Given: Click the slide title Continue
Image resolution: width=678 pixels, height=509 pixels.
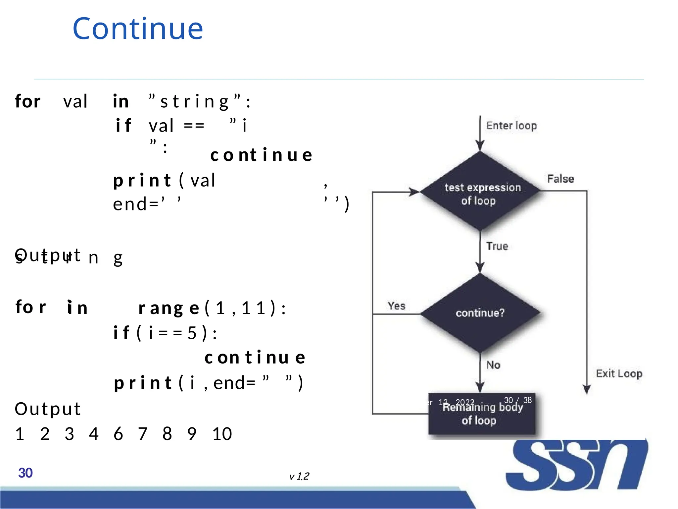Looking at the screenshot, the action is tap(138, 29).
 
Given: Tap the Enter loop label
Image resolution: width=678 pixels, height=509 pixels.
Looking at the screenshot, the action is tap(511, 126).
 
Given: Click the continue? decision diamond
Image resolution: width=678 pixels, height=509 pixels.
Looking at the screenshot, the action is tap(480, 313).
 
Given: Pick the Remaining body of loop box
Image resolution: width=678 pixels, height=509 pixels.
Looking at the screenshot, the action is tap(481, 414).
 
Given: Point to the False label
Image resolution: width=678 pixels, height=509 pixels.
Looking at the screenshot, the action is tap(560, 179).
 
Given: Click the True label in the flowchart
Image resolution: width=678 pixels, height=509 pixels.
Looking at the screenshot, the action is tap(497, 246).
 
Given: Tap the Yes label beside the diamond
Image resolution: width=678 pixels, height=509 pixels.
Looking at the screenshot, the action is tap(396, 306).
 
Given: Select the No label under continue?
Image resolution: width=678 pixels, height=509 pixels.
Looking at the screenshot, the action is tap(493, 365).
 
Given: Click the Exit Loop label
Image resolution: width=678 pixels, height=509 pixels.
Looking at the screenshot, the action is tap(619, 373).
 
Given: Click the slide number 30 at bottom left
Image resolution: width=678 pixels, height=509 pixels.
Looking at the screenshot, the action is tap(25, 473).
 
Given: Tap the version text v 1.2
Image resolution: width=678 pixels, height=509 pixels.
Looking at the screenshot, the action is tap(299, 476).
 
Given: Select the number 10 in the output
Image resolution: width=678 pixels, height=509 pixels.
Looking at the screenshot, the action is tap(222, 434).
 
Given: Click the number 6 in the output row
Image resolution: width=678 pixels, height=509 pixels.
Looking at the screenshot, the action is tap(118, 434).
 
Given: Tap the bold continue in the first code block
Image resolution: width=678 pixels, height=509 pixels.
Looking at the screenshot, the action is tap(261, 155).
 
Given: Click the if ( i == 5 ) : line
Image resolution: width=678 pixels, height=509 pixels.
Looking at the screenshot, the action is tap(165, 333).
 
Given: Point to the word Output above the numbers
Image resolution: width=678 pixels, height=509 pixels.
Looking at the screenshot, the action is tap(48, 409).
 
